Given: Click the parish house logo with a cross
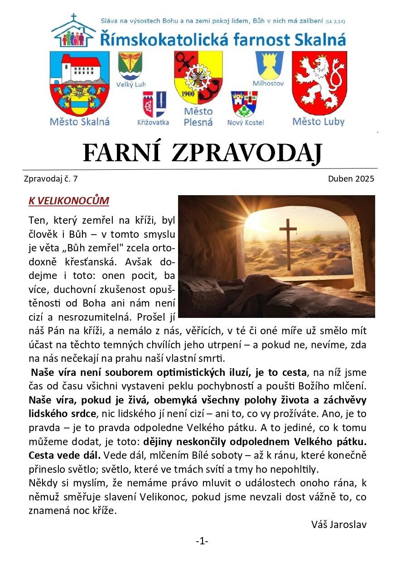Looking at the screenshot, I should click(x=73, y=32).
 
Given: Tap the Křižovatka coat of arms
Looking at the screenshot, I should click(x=154, y=104).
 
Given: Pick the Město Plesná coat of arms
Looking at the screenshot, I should click(x=198, y=77).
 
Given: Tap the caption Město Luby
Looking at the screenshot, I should click(x=318, y=121).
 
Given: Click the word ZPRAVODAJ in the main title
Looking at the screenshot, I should click(x=246, y=154).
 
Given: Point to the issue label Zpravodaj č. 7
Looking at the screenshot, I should click(x=50, y=179).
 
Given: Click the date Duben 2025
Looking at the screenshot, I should click(x=351, y=179).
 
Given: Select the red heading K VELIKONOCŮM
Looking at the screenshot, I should click(x=69, y=201).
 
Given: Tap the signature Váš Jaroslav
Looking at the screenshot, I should click(x=339, y=524).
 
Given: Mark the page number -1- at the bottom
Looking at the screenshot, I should click(x=202, y=541).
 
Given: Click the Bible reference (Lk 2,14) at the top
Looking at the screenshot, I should click(x=337, y=21).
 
